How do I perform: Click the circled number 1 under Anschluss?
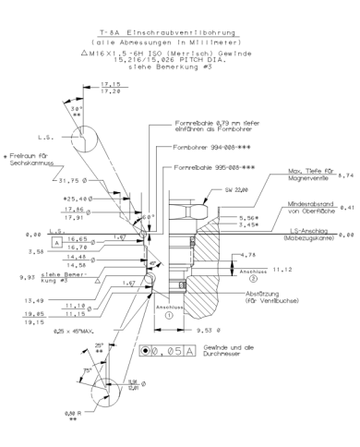point(169,313)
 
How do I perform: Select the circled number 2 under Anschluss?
point(253,279)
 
